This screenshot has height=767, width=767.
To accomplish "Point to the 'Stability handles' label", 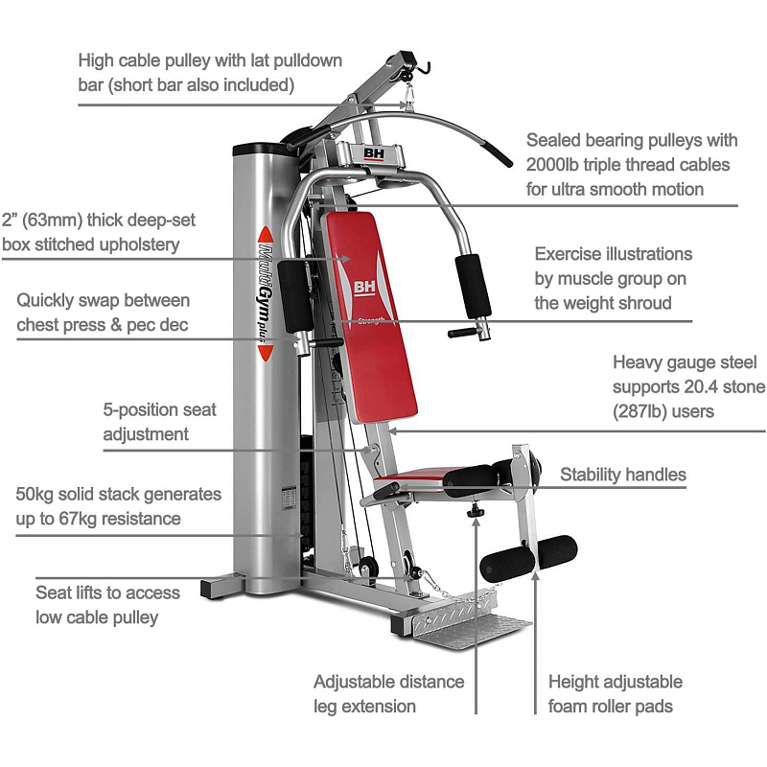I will click(x=623, y=475).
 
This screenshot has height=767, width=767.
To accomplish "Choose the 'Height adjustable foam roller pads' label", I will click(x=616, y=694).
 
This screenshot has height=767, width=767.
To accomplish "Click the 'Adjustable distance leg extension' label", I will click(x=388, y=694).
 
